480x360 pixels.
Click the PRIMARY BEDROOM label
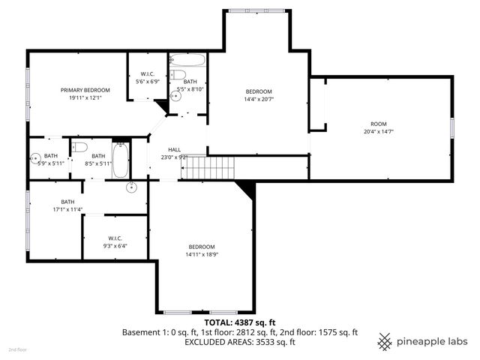pos(85,89)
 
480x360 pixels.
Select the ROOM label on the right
pos(379,124)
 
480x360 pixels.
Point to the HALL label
pos(174,149)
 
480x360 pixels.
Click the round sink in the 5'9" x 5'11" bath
pos(35,158)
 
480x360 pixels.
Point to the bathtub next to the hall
pos(121,160)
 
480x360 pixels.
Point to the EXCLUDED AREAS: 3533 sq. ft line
pos(240,341)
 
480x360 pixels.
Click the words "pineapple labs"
pos(433,341)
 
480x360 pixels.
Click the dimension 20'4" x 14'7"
pos(379,132)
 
